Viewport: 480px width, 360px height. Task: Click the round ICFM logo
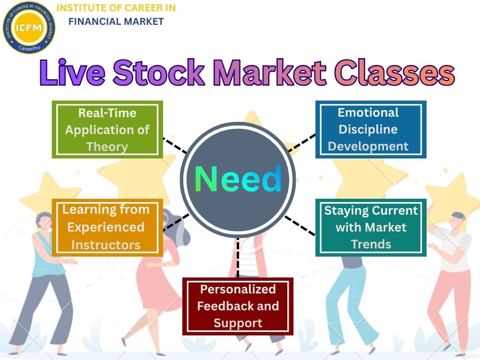[x=29, y=27]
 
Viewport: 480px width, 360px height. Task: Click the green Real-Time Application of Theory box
[x=107, y=129]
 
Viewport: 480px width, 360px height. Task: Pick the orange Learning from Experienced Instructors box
[x=107, y=227]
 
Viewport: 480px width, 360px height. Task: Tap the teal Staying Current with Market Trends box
[x=371, y=227]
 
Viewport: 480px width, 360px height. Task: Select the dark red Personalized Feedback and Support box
[x=238, y=306]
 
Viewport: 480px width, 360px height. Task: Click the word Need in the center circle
[x=238, y=180]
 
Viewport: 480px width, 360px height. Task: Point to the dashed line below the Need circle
[x=238, y=258]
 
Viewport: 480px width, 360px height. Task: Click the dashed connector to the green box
[x=175, y=146]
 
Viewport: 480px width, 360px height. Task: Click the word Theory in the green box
[x=107, y=147]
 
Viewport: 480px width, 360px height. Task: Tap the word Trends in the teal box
[x=371, y=244]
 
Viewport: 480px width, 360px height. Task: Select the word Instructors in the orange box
[x=105, y=245]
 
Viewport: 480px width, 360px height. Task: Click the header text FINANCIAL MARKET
[x=116, y=21]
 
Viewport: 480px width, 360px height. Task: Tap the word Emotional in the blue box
[x=368, y=112]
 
